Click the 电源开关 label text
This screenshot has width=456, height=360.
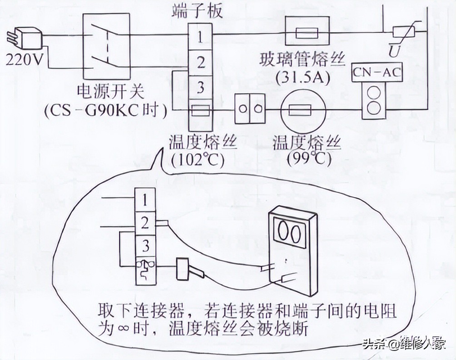[x=112, y=91]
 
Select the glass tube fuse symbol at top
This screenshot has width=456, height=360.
[x=307, y=33]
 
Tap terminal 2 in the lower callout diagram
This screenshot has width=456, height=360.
[x=145, y=223]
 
